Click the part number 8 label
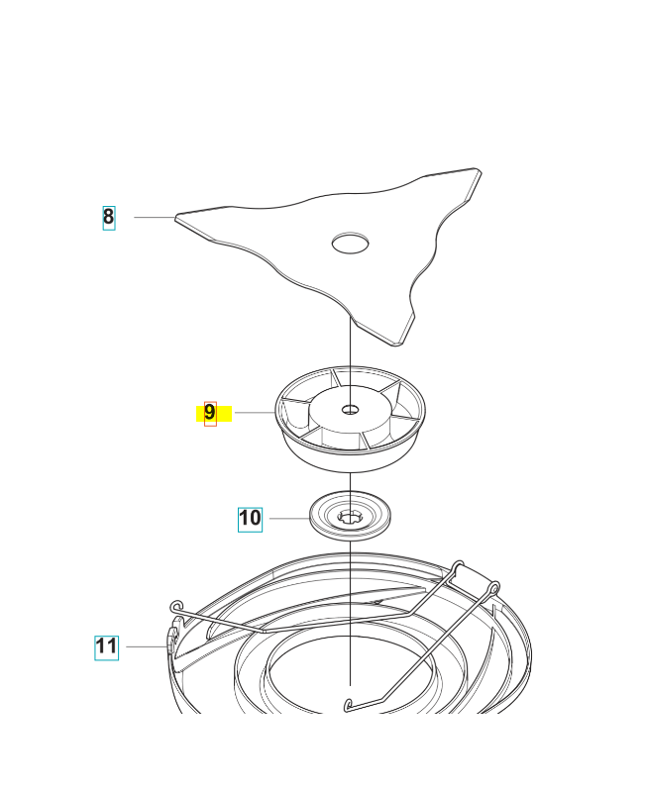(x=108, y=217)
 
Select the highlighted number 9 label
(x=210, y=413)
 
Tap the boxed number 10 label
(x=250, y=518)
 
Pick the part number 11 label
(x=106, y=647)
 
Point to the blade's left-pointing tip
(x=179, y=217)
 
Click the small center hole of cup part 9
(x=352, y=408)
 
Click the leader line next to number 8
(x=154, y=217)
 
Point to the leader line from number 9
(x=253, y=413)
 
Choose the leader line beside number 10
(x=287, y=518)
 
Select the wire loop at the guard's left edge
(x=176, y=605)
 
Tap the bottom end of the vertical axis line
(x=352, y=683)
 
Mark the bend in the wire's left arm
(x=263, y=629)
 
